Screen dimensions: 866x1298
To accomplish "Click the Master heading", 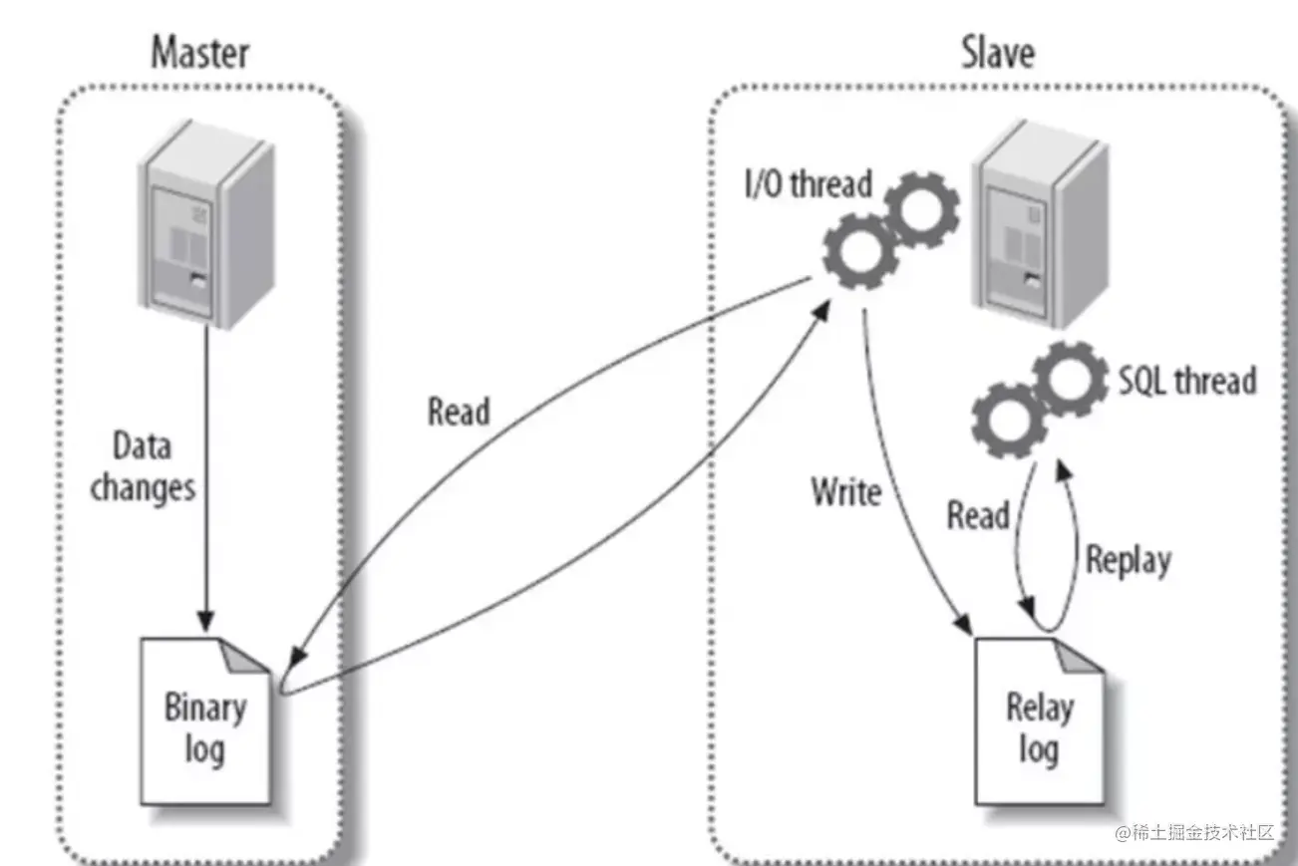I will [x=200, y=53].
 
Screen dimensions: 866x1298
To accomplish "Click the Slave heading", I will [x=998, y=53].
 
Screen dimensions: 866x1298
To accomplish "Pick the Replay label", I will [x=1128, y=560].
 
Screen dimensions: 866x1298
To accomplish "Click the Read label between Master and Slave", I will [x=459, y=411].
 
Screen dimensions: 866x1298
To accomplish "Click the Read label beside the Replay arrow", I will [x=978, y=515].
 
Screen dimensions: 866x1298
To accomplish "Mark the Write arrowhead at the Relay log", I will [x=963, y=622].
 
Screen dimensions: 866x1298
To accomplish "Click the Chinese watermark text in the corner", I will [x=1195, y=832].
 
